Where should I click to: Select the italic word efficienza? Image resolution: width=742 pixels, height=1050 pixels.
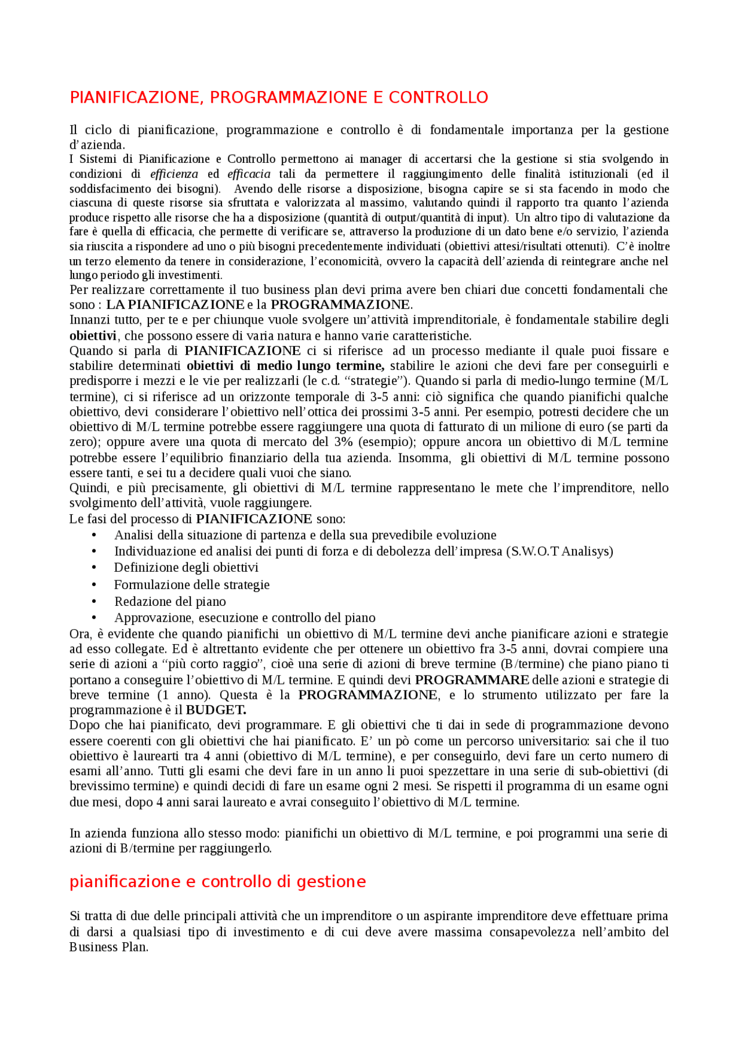[x=174, y=174]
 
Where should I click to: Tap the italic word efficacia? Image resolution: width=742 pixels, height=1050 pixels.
[x=249, y=174]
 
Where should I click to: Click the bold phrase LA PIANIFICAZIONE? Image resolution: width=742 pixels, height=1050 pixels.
[x=175, y=304]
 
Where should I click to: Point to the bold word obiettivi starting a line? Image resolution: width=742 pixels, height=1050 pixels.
[x=93, y=336]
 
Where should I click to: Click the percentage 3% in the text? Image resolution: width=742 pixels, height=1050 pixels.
[x=343, y=442]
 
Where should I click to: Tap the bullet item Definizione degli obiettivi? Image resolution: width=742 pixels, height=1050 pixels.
[x=186, y=568]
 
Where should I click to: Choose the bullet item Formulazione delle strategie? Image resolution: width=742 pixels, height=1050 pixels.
[x=192, y=584]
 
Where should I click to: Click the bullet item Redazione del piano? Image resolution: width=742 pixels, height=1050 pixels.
[x=170, y=601]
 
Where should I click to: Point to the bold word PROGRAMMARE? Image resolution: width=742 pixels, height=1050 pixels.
[x=472, y=680]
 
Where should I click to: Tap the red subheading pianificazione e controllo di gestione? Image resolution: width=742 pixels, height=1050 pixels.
[x=217, y=882]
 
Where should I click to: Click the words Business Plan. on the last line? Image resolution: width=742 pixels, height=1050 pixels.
[x=108, y=947]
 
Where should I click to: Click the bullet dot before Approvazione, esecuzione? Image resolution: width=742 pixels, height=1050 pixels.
[x=94, y=618]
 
